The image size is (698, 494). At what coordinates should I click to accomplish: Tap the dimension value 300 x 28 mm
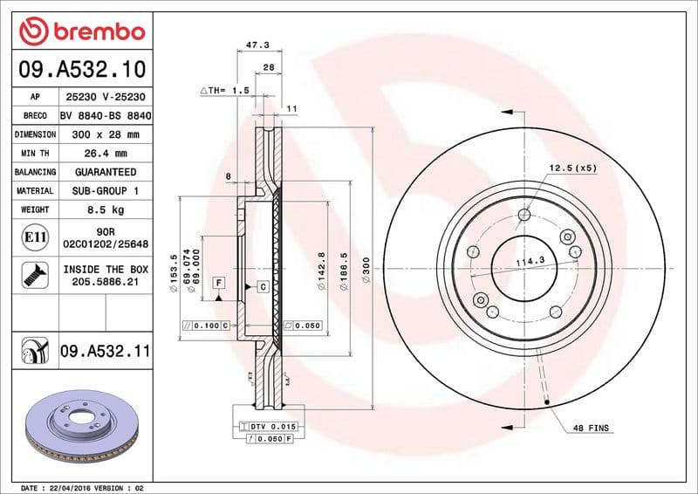[x=106, y=134]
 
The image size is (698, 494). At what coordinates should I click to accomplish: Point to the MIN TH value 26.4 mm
[x=106, y=154]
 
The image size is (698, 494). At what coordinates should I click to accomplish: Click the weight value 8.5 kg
[x=106, y=209]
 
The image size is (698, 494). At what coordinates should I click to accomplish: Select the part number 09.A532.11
[x=106, y=352]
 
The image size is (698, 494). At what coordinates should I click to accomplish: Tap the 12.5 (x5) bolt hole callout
[x=572, y=168]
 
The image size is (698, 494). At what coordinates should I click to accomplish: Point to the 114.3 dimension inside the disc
[x=523, y=260]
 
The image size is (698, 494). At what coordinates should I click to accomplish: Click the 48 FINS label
[x=592, y=429]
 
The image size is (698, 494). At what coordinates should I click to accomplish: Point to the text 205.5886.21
[x=106, y=284]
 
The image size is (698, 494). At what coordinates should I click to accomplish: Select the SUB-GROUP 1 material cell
[x=106, y=190]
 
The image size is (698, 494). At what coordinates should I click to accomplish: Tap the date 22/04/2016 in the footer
[x=67, y=487]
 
